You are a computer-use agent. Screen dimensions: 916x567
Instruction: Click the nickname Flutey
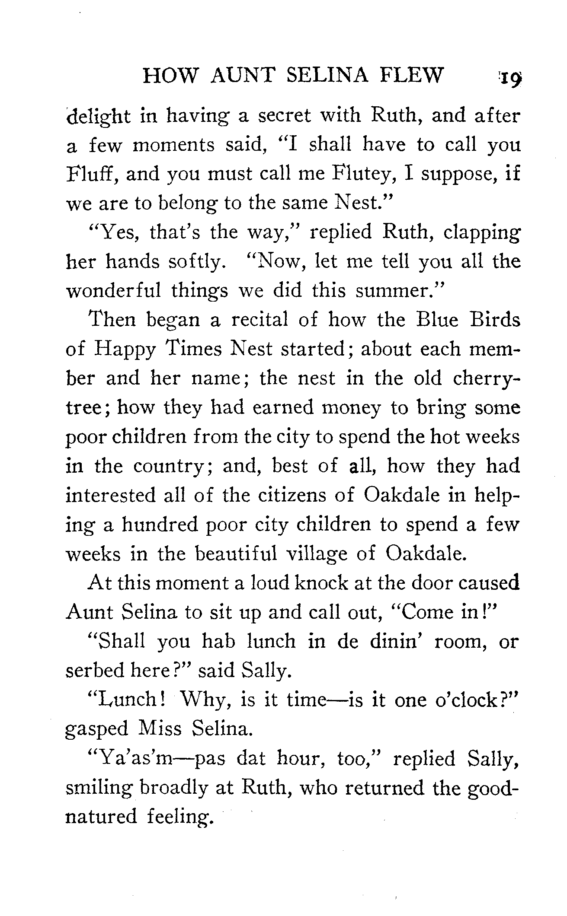coord(365,174)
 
